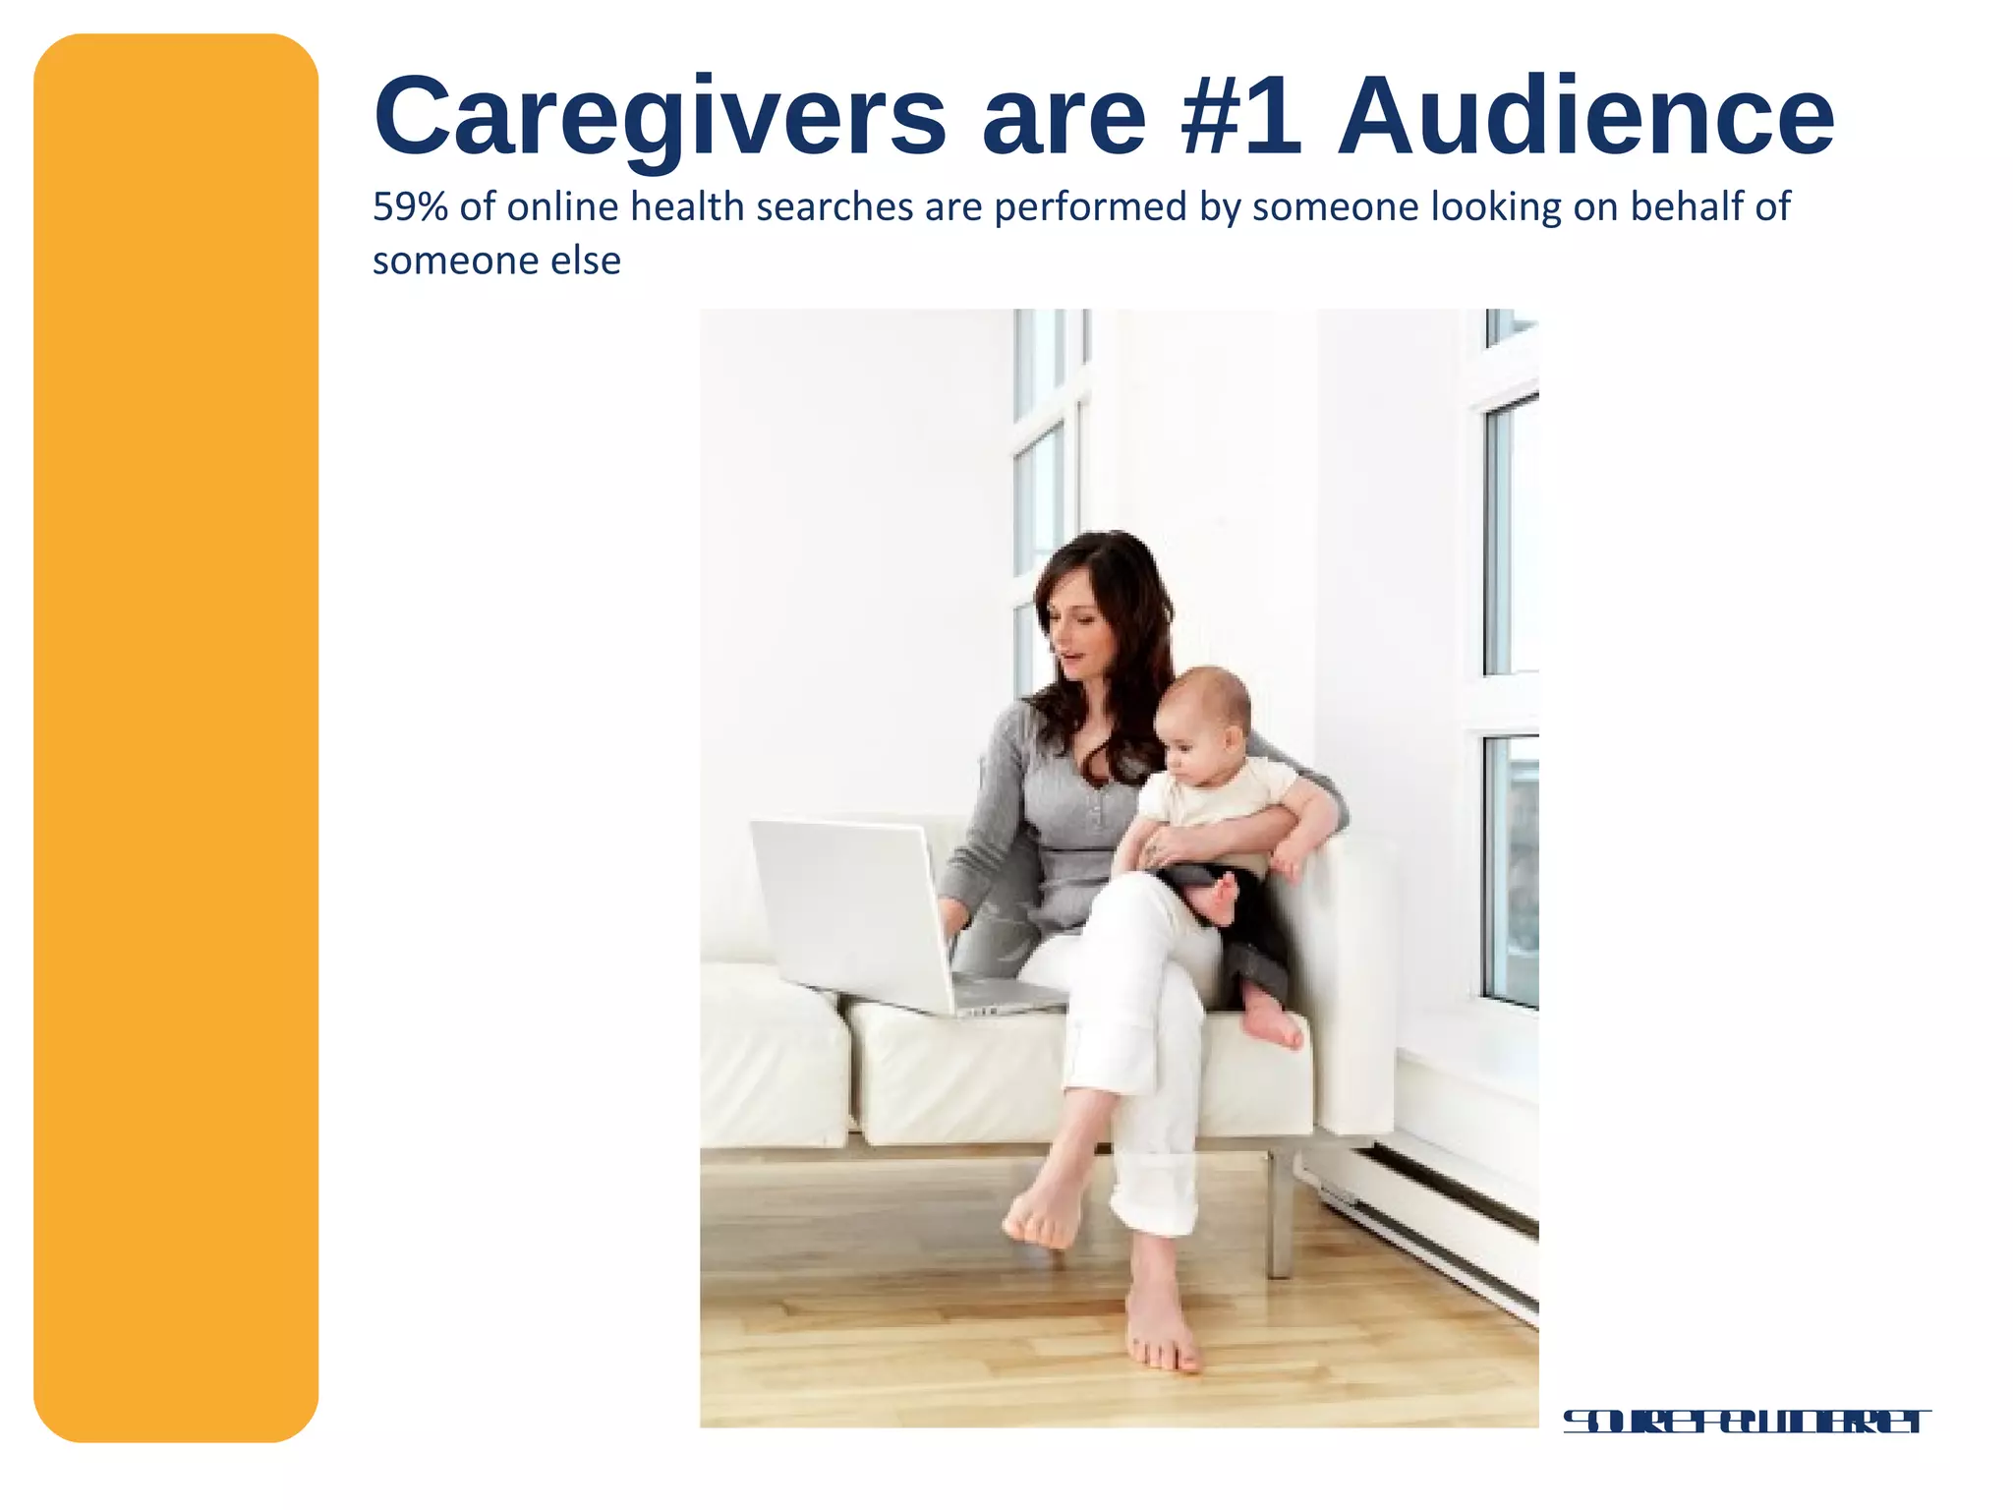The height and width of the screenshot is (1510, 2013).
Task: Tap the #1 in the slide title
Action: click(x=1242, y=118)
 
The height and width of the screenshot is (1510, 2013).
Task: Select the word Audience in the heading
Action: click(x=1584, y=118)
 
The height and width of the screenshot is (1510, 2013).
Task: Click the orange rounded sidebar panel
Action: click(x=176, y=737)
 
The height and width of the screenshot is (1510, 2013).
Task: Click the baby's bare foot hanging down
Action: click(x=1275, y=1022)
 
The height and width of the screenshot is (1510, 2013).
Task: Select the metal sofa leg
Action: click(x=1279, y=1214)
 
